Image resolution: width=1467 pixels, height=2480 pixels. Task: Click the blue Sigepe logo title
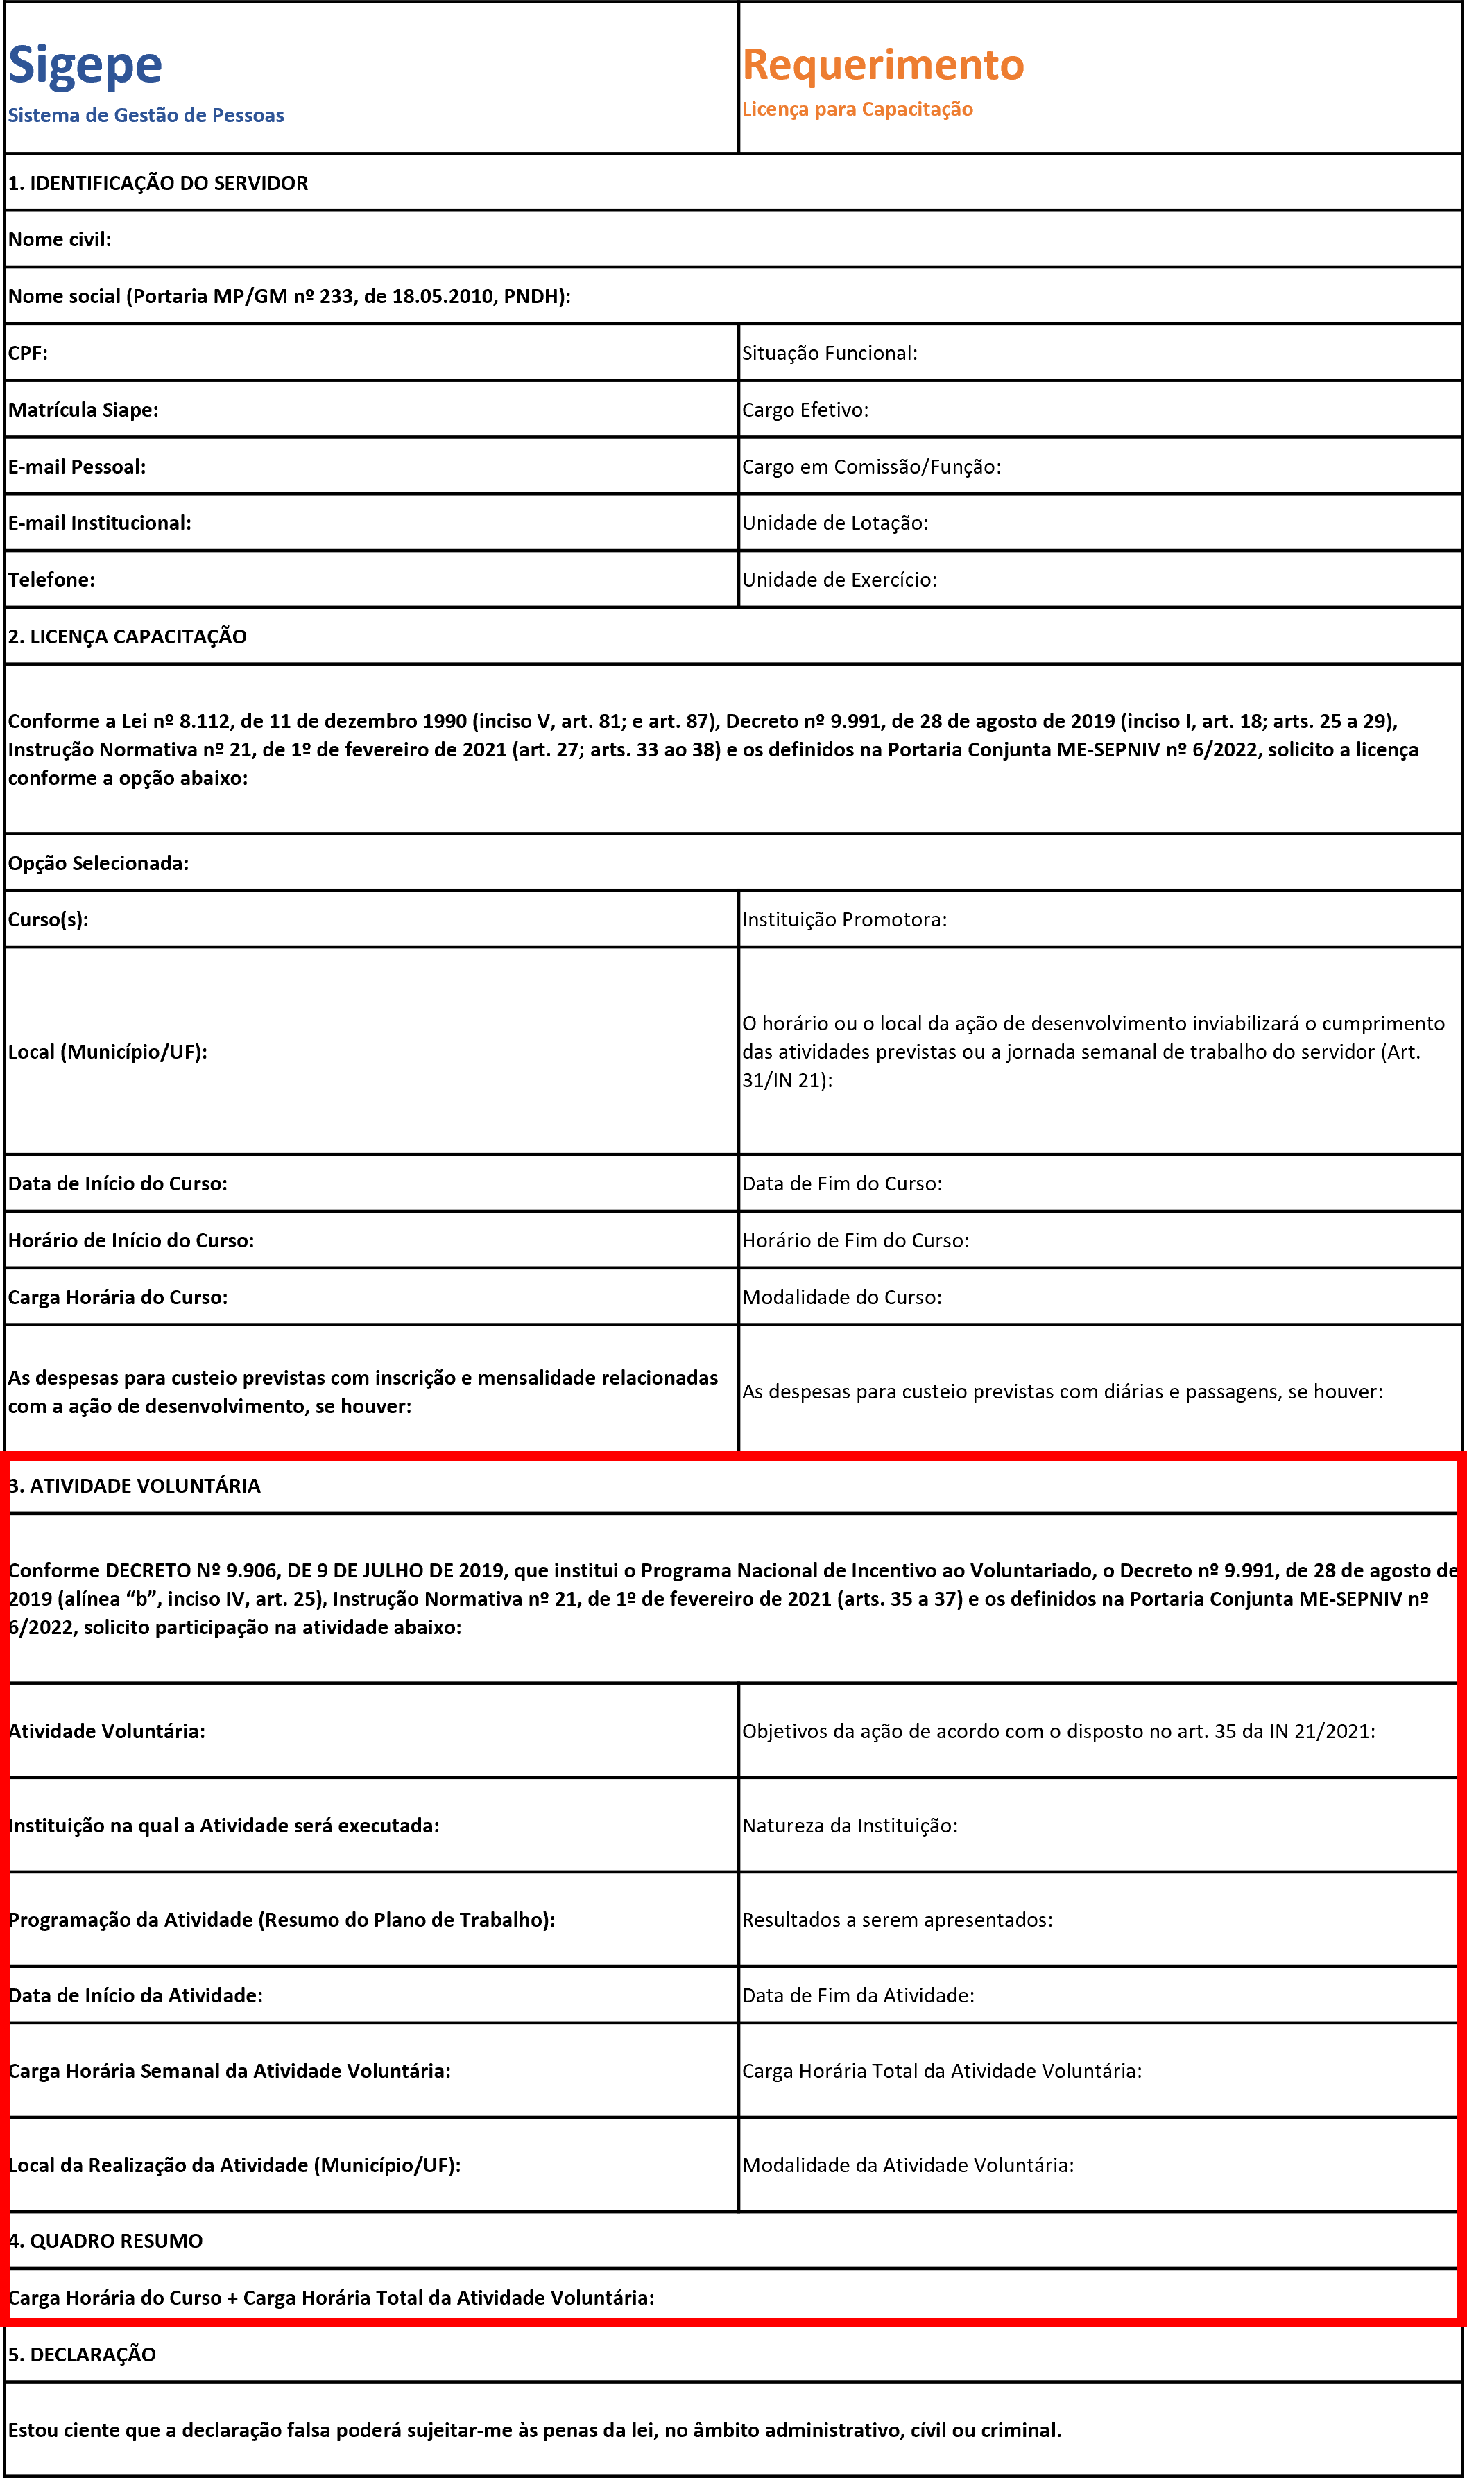tap(85, 66)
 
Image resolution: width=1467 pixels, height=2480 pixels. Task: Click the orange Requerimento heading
tap(883, 65)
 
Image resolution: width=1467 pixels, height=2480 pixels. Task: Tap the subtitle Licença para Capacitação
tap(857, 110)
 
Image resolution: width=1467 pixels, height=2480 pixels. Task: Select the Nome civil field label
tap(60, 239)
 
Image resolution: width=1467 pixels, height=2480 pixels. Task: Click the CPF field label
tap(28, 353)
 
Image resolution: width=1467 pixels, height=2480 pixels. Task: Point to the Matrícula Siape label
tap(83, 410)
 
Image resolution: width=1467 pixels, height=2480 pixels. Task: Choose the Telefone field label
tap(51, 580)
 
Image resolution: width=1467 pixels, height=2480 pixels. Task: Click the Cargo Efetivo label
tap(805, 410)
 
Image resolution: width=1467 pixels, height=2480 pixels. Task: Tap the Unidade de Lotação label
tap(834, 523)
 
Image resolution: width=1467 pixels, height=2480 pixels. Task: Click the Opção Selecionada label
tap(98, 864)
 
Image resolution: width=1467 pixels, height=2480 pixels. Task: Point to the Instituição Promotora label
tap(844, 920)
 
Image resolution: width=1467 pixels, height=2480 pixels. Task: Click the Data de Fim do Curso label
tap(841, 1183)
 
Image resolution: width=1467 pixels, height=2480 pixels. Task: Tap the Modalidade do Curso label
tap(841, 1297)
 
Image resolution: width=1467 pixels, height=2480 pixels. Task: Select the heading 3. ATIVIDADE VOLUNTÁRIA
tap(135, 1486)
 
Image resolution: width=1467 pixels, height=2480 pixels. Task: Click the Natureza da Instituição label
tap(849, 1826)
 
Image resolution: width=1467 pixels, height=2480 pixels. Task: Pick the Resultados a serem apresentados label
tap(897, 1920)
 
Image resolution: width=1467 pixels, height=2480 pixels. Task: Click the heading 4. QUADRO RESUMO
tap(105, 2241)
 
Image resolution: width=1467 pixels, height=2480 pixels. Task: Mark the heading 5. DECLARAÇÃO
tap(82, 2355)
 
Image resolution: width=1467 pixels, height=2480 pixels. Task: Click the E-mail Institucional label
tap(100, 523)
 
